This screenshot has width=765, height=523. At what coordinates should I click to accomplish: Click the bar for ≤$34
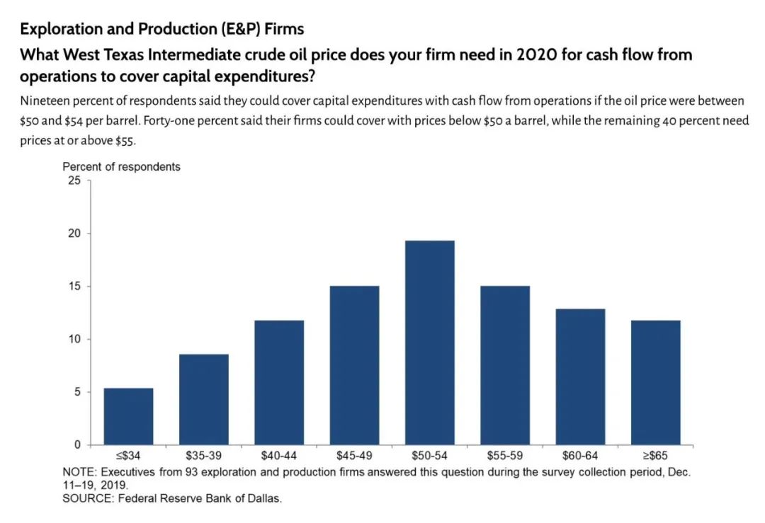[128, 416]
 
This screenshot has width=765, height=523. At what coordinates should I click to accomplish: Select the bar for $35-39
[203, 399]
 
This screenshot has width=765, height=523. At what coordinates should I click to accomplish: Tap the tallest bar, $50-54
[429, 343]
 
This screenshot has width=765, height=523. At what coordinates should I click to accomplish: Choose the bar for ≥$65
[655, 382]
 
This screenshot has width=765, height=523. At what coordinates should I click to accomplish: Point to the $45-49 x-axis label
[354, 456]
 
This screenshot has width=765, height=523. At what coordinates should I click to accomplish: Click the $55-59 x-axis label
[504, 456]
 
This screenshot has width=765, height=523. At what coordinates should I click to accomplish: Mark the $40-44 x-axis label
[278, 456]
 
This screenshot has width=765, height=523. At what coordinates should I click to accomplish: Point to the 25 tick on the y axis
[74, 180]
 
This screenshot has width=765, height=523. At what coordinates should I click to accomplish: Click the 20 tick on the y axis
[74, 234]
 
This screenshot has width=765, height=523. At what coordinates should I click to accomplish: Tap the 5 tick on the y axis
[76, 392]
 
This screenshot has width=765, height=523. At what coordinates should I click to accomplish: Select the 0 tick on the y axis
[76, 444]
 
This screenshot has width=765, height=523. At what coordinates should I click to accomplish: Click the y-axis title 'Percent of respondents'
[121, 167]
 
